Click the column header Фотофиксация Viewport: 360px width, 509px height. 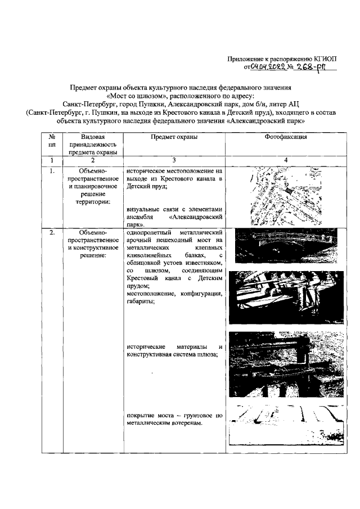285,137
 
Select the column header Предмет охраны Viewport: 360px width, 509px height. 174,137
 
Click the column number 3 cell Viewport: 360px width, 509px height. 174,160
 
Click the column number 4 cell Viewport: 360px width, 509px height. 285,160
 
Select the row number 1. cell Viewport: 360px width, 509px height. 52,169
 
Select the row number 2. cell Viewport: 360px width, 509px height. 52,232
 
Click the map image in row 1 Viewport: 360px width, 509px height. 285,196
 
